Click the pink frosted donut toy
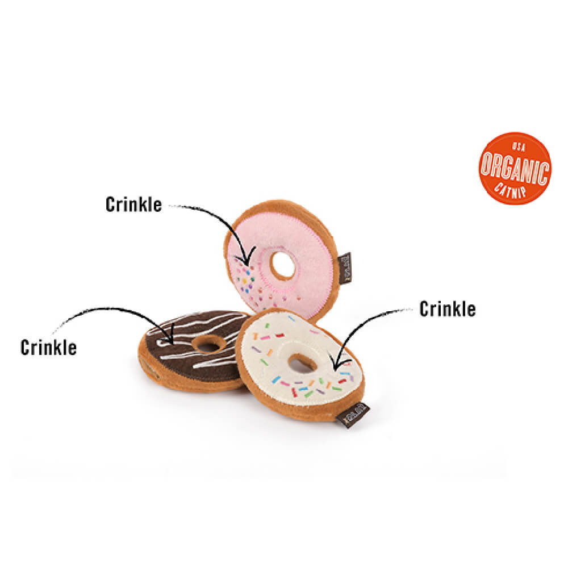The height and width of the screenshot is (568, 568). pyautogui.click(x=307, y=239)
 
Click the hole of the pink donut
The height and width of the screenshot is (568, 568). pyautogui.click(x=282, y=265)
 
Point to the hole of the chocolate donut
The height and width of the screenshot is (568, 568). pyautogui.click(x=208, y=344)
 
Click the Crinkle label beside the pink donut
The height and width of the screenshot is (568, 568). pyautogui.click(x=133, y=204)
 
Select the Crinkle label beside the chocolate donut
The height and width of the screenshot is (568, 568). pyautogui.click(x=48, y=347)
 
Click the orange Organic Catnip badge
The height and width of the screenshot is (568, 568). pyautogui.click(x=515, y=168)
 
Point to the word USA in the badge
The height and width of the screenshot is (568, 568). pyautogui.click(x=516, y=146)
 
